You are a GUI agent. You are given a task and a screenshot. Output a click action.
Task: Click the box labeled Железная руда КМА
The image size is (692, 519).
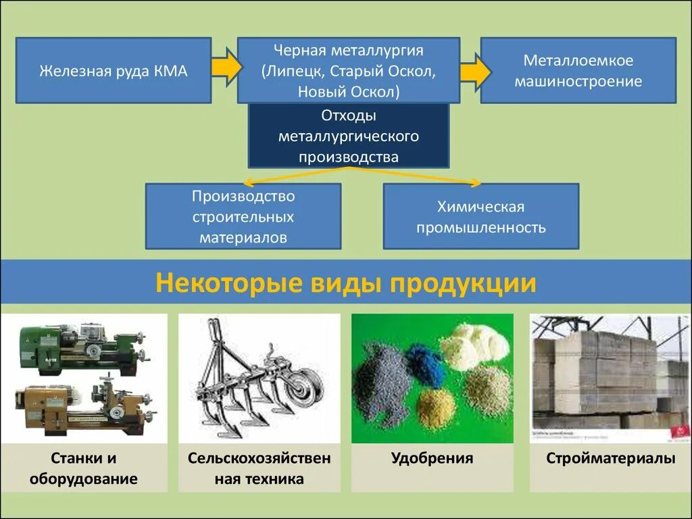tap(113, 71)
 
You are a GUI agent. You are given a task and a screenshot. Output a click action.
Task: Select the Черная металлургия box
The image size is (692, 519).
tap(348, 71)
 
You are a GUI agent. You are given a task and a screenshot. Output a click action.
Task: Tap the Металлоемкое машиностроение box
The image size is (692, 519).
tap(578, 71)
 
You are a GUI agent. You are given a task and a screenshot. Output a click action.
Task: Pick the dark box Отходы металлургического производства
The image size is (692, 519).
tap(348, 136)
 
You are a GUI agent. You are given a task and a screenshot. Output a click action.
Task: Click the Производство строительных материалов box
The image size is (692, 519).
tap(243, 216)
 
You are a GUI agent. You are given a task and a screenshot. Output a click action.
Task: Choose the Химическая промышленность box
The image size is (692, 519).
tap(480, 216)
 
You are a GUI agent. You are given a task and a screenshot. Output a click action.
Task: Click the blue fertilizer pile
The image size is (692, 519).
tap(424, 365)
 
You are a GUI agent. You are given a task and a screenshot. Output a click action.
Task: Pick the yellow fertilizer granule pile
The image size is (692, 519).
tap(435, 408)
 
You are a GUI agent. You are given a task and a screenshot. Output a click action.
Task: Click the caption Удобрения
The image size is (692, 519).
tap(432, 459)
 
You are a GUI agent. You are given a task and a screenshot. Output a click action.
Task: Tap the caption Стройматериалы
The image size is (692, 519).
tap(610, 459)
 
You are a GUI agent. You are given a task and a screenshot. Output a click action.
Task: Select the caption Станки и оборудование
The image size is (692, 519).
tap(84, 469)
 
